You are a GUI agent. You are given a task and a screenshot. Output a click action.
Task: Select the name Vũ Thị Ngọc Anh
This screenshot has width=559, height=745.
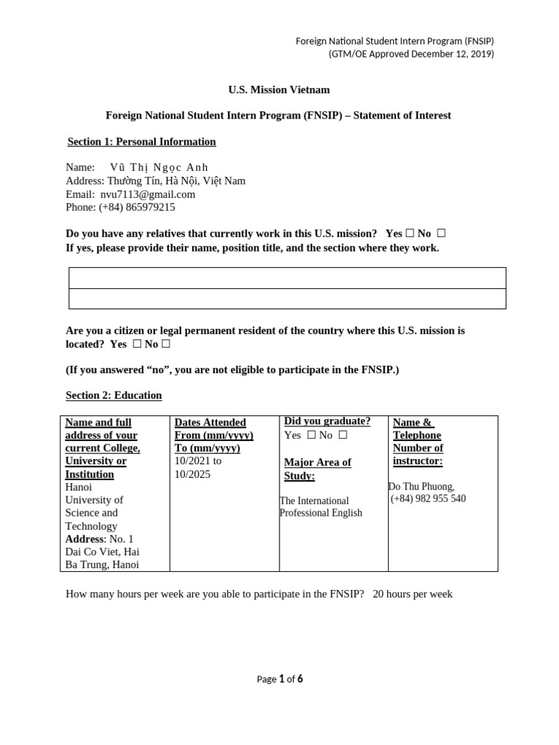click(x=159, y=167)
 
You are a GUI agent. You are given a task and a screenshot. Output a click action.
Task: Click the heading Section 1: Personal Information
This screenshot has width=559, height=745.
click(x=141, y=142)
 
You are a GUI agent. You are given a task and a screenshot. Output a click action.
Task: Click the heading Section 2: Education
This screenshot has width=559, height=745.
click(x=114, y=396)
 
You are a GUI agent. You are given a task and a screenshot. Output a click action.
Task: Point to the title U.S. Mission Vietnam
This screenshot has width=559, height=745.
click(x=279, y=90)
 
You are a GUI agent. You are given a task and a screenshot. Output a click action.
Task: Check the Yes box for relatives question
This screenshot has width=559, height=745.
click(x=410, y=234)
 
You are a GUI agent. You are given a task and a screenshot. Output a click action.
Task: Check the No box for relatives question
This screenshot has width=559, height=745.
click(x=441, y=234)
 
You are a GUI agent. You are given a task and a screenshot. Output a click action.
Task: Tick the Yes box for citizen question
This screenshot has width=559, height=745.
click(x=137, y=344)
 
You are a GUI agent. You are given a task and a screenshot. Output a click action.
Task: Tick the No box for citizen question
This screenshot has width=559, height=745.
click(x=166, y=344)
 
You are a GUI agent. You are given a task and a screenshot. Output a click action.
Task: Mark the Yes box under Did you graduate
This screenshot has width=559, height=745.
click(x=311, y=435)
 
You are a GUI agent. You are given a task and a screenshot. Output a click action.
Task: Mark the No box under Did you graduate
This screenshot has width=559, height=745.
click(x=343, y=435)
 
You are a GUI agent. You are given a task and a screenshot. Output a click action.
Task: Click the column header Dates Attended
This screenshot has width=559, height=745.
click(x=210, y=423)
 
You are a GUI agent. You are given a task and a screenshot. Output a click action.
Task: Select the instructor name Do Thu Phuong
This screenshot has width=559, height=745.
click(x=421, y=486)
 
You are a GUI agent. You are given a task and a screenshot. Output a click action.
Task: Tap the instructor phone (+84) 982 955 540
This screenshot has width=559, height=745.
click(x=428, y=499)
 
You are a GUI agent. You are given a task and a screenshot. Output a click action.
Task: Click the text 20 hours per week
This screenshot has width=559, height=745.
click(x=413, y=594)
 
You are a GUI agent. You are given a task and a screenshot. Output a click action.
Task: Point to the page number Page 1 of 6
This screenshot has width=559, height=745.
click(x=279, y=680)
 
